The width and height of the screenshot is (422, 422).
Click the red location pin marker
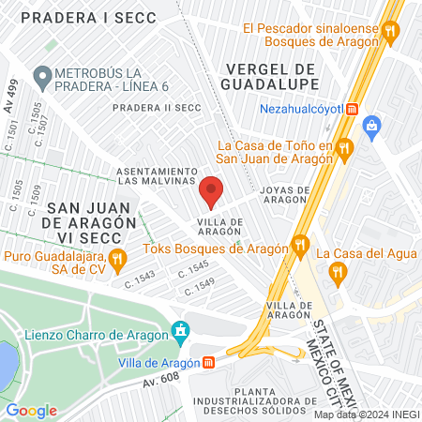[x=211, y=192]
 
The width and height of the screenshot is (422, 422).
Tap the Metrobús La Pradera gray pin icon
[x=41, y=74]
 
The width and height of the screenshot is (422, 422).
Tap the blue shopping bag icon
[x=372, y=125]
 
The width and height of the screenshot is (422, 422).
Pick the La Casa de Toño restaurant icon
[x=345, y=146]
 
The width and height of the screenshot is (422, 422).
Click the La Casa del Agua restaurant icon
[x=338, y=272]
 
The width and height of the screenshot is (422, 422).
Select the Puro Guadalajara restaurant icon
[x=117, y=258]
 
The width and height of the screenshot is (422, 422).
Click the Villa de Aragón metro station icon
[x=209, y=363]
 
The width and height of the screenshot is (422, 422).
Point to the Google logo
[x=31, y=410]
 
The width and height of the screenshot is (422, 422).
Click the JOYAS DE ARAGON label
[x=290, y=195]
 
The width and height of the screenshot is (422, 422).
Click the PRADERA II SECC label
[x=152, y=108]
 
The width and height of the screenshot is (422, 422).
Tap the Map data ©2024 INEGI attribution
[x=366, y=414]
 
